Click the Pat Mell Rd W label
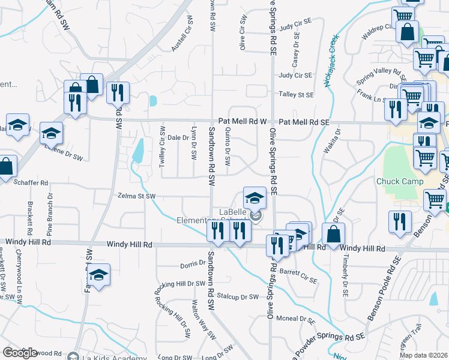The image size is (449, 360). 242,121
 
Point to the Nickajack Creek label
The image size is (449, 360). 332,60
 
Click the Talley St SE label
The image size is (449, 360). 296,94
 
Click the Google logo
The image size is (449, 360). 20,353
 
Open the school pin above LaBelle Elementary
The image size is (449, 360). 255,197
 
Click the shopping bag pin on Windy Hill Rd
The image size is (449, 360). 333,234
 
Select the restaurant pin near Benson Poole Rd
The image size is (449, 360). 399,220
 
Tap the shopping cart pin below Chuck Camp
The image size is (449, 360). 435,200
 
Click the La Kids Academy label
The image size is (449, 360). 110,356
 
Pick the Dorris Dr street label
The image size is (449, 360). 193,265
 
